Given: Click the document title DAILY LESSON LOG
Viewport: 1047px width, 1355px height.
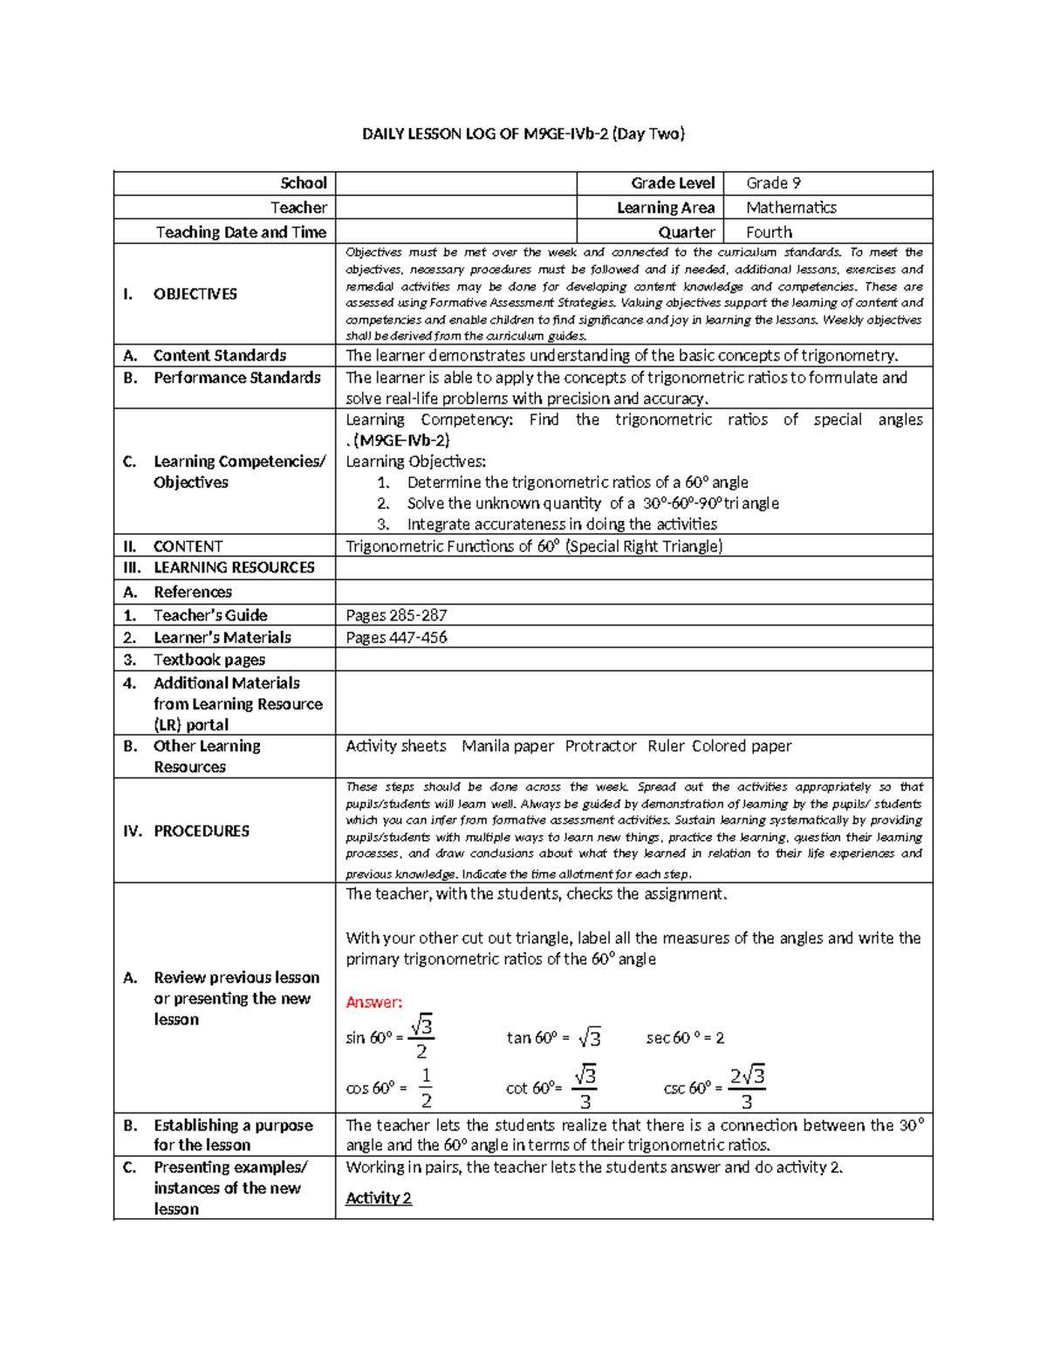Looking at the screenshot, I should [x=523, y=133].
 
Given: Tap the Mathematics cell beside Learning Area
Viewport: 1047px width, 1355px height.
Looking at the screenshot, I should [x=790, y=208].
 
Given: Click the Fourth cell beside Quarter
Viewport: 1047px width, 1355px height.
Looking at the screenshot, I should [x=769, y=232].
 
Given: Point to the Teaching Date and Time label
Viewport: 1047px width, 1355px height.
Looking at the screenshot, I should [x=241, y=232].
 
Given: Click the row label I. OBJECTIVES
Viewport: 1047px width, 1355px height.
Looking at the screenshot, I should [x=181, y=294].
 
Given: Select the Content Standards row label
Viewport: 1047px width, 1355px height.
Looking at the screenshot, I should [x=219, y=355].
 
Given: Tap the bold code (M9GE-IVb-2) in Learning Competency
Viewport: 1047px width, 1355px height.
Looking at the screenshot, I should [x=402, y=441].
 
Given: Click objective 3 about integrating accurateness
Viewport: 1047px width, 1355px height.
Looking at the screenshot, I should [x=561, y=524].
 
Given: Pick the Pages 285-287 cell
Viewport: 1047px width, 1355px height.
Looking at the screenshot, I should [x=396, y=615].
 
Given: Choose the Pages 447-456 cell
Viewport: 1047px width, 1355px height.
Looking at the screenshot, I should [x=396, y=638].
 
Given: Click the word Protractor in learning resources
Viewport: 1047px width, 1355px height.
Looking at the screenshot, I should [x=600, y=746].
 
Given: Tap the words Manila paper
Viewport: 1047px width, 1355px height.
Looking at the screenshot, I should [x=507, y=746].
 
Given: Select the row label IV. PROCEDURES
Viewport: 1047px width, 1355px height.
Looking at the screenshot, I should [x=187, y=831].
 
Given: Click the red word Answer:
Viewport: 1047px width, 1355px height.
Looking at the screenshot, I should [x=373, y=1002].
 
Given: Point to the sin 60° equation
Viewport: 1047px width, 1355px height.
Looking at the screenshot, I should [x=390, y=1037].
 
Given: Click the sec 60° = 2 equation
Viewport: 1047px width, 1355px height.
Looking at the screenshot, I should [x=685, y=1037].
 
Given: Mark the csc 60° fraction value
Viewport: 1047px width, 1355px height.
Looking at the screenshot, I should [x=747, y=1088].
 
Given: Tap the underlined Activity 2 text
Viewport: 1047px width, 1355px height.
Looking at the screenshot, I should [x=378, y=1198].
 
